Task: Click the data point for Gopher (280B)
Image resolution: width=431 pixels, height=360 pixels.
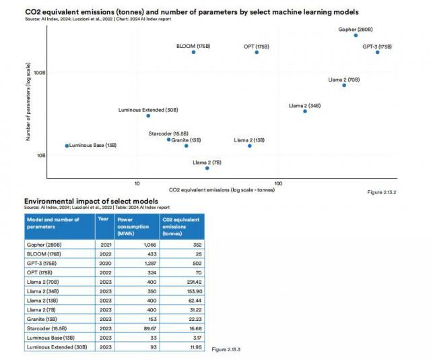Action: pyautogui.click(x=356, y=34)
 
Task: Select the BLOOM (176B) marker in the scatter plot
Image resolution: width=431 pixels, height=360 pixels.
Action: pyautogui.click(x=193, y=52)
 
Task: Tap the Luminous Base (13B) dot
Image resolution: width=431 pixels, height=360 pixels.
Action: pyautogui.click(x=67, y=146)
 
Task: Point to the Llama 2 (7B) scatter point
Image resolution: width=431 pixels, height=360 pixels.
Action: pyautogui.click(x=207, y=168)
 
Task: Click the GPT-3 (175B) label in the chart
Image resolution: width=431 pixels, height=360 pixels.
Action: pyautogui.click(x=376, y=47)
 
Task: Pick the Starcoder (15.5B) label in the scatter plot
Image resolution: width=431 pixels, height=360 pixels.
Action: pyautogui.click(x=168, y=133)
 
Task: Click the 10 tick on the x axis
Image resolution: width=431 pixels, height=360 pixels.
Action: pyautogui.click(x=137, y=183)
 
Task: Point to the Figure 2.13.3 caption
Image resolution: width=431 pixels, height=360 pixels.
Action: pyautogui.click(x=226, y=349)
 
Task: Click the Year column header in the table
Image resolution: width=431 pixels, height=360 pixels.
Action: pyautogui.click(x=103, y=219)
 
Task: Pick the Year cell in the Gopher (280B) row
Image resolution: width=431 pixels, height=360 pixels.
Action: pyautogui.click(x=104, y=244)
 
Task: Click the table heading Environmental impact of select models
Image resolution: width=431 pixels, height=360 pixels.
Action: pyautogui.click(x=91, y=201)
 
